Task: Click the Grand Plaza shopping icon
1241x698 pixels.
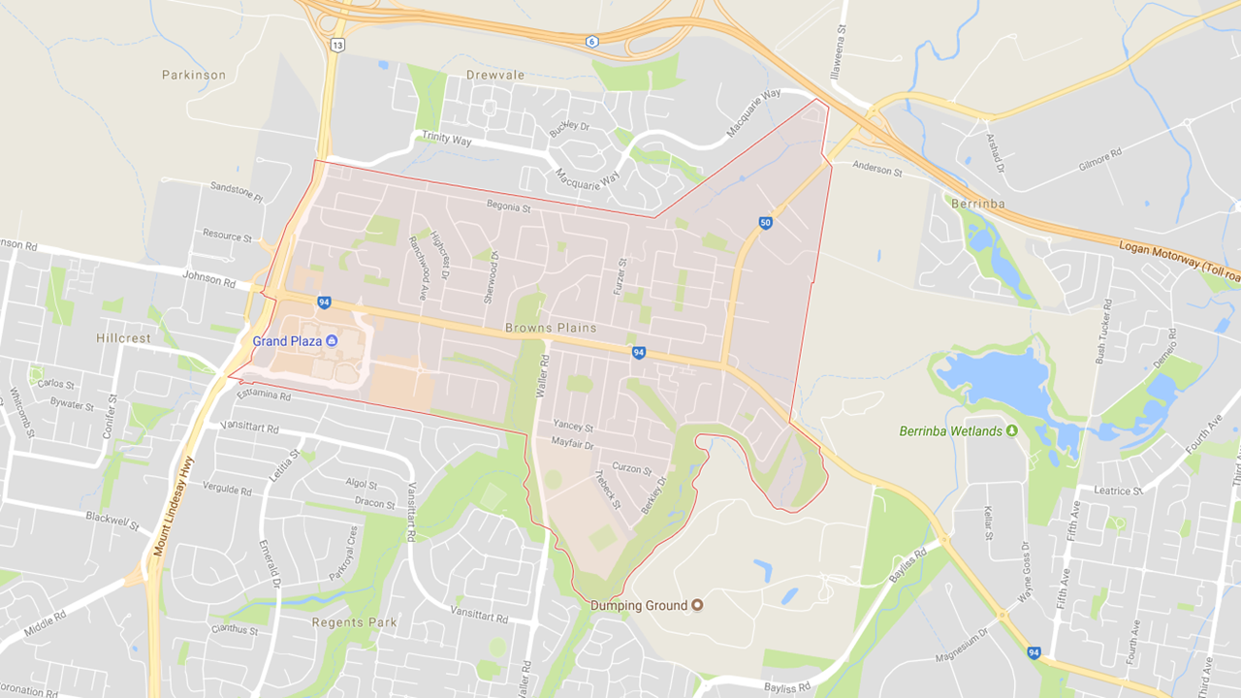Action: click(x=332, y=340)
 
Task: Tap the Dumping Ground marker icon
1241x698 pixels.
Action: click(x=696, y=606)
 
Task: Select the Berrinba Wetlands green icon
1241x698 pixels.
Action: click(x=1012, y=430)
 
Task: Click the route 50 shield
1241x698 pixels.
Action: click(x=766, y=223)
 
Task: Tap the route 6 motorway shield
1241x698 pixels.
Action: click(x=590, y=41)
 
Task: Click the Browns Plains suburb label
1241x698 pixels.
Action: click(x=550, y=328)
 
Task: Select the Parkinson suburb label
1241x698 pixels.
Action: click(x=194, y=75)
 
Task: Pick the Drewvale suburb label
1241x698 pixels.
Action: click(x=494, y=75)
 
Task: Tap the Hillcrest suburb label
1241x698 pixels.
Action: click(x=124, y=338)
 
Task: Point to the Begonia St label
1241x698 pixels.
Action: click(x=509, y=206)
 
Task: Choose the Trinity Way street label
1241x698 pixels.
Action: click(x=446, y=138)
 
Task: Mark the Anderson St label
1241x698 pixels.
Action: click(x=877, y=171)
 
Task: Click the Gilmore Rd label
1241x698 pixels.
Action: click(x=1100, y=161)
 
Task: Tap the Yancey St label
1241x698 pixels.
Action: click(x=572, y=426)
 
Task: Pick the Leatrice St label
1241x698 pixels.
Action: click(x=1118, y=491)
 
